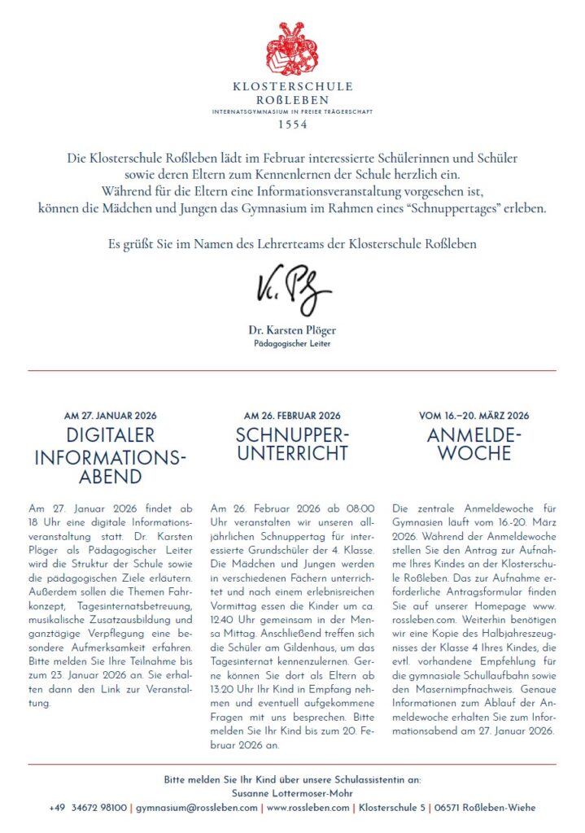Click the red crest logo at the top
(x=292, y=49)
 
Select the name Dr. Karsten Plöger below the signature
(x=292, y=330)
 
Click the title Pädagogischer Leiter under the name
(x=292, y=344)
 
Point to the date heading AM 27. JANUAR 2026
(x=110, y=416)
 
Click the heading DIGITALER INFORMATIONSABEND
(x=111, y=456)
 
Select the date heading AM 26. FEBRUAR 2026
(x=292, y=416)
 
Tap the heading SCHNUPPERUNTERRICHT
(x=292, y=443)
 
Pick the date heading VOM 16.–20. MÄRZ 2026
(x=474, y=416)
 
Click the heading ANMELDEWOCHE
(x=474, y=443)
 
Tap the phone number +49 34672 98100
(x=88, y=808)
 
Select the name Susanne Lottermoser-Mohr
(x=292, y=794)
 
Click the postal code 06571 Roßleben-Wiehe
(x=485, y=808)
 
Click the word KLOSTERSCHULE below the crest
(x=292, y=85)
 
